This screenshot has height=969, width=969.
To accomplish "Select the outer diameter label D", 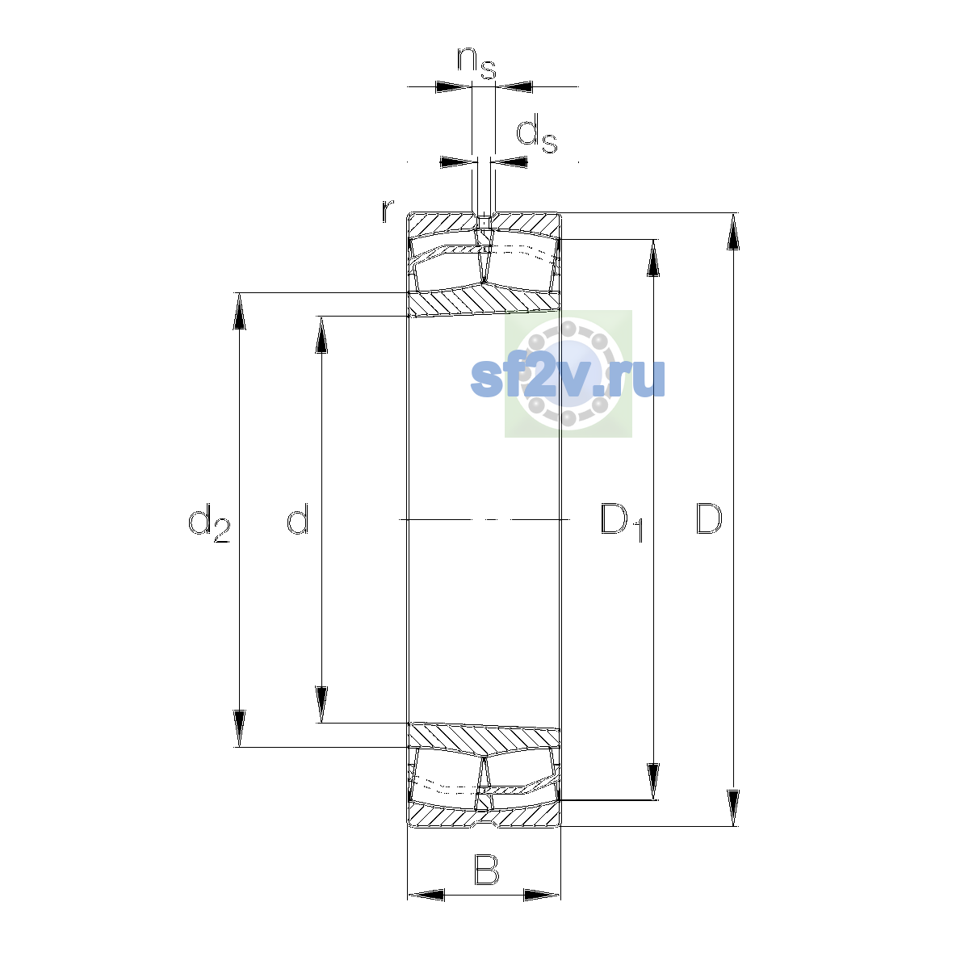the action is pyautogui.click(x=708, y=518).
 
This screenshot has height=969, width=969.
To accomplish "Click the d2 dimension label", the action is pyautogui.click(x=208, y=523).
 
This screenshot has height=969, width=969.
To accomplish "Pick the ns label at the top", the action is pyautogui.click(x=476, y=63).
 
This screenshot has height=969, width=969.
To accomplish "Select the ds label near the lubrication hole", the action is pyautogui.click(x=537, y=133).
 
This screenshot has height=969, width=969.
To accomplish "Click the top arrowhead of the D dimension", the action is pyautogui.click(x=733, y=232).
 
